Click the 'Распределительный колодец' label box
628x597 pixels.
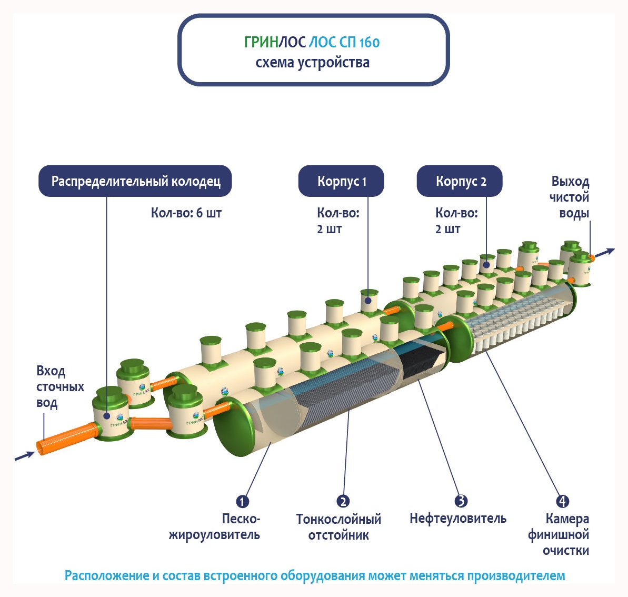(x=135, y=181)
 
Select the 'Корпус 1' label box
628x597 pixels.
(x=341, y=181)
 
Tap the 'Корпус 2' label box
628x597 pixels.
(x=460, y=181)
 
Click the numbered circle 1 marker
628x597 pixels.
(x=242, y=501)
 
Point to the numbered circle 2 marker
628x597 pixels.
(x=343, y=501)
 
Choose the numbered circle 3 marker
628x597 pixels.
(x=461, y=501)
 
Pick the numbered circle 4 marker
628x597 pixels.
(x=562, y=501)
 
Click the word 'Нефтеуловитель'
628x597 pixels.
(x=458, y=519)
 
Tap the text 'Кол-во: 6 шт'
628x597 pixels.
(x=186, y=213)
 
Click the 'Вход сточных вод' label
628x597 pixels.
(x=59, y=387)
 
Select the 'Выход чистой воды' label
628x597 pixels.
(x=570, y=197)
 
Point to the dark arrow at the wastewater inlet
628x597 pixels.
(x=24, y=455)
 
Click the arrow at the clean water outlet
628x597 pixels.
(x=605, y=252)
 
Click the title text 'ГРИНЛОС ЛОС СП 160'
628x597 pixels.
(x=312, y=42)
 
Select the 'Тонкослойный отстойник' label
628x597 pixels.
(x=338, y=527)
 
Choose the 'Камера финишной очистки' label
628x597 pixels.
(x=559, y=535)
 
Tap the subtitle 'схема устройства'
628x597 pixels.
(x=313, y=63)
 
